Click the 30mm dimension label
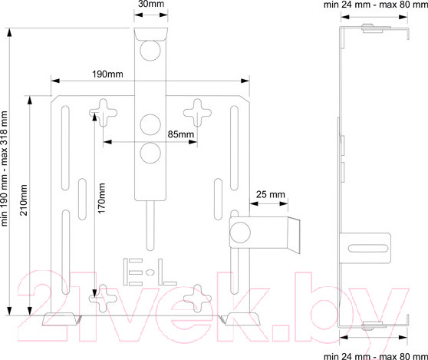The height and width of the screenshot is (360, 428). click(151, 4)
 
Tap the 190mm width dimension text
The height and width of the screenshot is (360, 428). click(107, 74)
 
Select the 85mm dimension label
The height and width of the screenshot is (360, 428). click(181, 134)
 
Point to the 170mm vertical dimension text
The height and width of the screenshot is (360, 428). click(101, 198)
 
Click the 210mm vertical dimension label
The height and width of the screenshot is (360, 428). click(24, 200)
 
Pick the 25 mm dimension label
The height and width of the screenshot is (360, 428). click(271, 194)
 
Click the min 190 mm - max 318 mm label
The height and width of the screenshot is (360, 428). click(4, 169)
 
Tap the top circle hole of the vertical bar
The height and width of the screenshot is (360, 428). click(150, 50)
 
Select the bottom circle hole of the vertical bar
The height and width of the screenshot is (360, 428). click(150, 153)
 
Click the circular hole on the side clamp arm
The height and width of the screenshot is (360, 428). click(240, 233)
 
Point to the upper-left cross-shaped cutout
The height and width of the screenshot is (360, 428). click(104, 113)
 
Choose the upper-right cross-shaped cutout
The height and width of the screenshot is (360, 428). click(197, 113)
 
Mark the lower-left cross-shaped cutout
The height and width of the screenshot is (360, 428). click(104, 299)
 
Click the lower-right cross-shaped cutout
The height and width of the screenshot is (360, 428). click(197, 299)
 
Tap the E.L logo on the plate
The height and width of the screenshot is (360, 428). click(150, 272)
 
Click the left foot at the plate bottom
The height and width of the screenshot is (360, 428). click(61, 319)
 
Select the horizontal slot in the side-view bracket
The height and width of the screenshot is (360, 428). click(368, 248)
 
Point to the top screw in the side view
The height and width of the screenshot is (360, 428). click(373, 28)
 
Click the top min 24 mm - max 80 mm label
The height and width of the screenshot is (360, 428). click(376, 5)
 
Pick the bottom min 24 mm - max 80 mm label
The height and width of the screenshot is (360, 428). click(376, 356)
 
